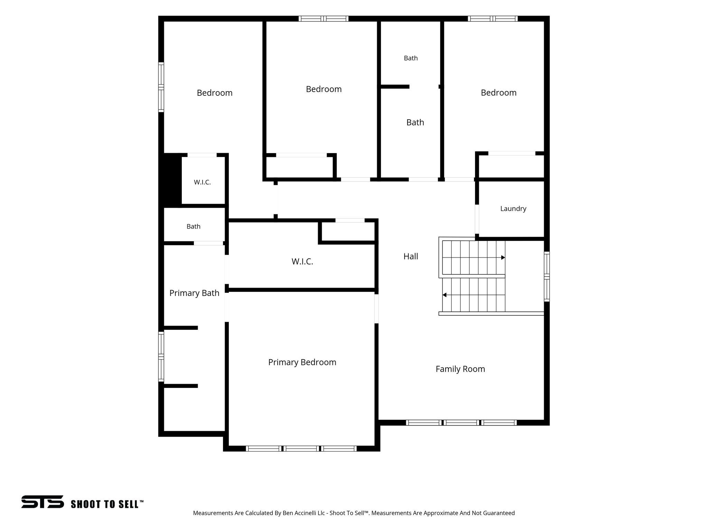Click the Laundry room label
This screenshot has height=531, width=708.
pyautogui.click(x=513, y=209)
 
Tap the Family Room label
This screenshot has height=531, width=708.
pyautogui.click(x=460, y=369)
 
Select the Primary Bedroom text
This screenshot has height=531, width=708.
pyautogui.click(x=302, y=362)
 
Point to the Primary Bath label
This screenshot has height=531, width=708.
pyautogui.click(x=194, y=293)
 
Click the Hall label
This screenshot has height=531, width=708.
pyautogui.click(x=411, y=257)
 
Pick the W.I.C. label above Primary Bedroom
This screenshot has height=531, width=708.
pyautogui.click(x=302, y=262)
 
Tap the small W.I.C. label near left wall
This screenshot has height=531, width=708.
pyautogui.click(x=202, y=182)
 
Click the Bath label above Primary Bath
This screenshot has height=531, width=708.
pyautogui.click(x=194, y=226)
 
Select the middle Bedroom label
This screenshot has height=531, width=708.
pyautogui.click(x=324, y=89)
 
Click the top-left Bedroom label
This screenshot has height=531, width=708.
pyautogui.click(x=214, y=93)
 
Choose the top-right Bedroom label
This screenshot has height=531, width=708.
pyautogui.click(x=499, y=93)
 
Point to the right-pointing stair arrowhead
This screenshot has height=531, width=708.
pyautogui.click(x=503, y=258)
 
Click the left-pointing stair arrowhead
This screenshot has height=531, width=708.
pyautogui.click(x=445, y=295)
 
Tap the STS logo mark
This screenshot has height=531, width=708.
pyautogui.click(x=43, y=502)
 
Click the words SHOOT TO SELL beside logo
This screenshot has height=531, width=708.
pyautogui.click(x=107, y=504)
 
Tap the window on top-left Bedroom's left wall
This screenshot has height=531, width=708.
pyautogui.click(x=161, y=87)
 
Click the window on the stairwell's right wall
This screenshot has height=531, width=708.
pyautogui.click(x=547, y=277)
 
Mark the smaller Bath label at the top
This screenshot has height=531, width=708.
pyautogui.click(x=411, y=58)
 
